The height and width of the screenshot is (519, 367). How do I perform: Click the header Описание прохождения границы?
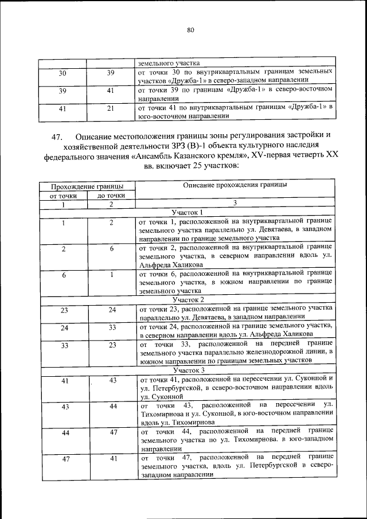click(235, 185)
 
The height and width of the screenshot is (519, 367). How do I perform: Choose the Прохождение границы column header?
click(87, 186)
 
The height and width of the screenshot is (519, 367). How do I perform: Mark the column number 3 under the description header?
click(235, 203)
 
